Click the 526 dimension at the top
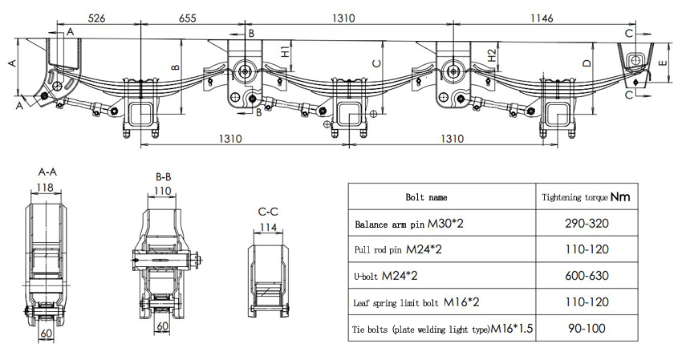click(96, 18)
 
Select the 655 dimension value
click(187, 18)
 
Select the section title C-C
click(268, 212)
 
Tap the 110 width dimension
click(164, 192)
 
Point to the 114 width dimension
click(268, 228)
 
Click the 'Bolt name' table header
click(427, 196)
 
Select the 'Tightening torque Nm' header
click(585, 196)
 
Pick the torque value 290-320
click(585, 223)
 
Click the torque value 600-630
click(585, 276)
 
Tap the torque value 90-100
click(585, 328)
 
